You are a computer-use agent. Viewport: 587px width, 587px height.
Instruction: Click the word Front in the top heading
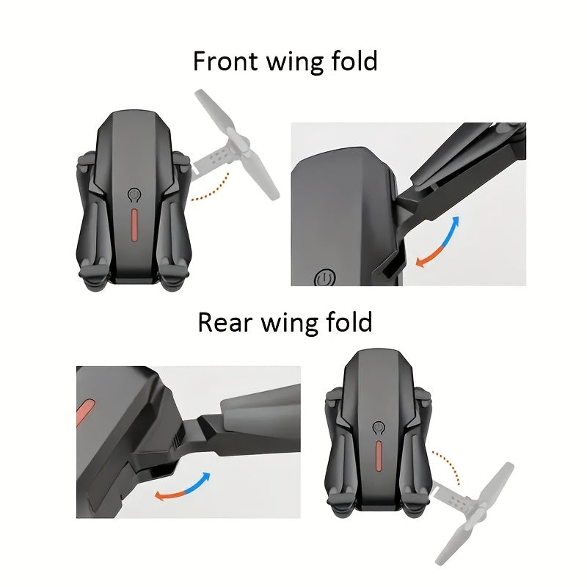pyautogui.click(x=225, y=61)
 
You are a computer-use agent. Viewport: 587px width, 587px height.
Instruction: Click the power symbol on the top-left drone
pyautogui.click(x=134, y=194)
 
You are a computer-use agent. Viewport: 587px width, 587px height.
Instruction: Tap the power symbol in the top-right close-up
pyautogui.click(x=324, y=278)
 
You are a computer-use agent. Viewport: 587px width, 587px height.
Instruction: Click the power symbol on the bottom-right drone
pyautogui.click(x=379, y=428)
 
